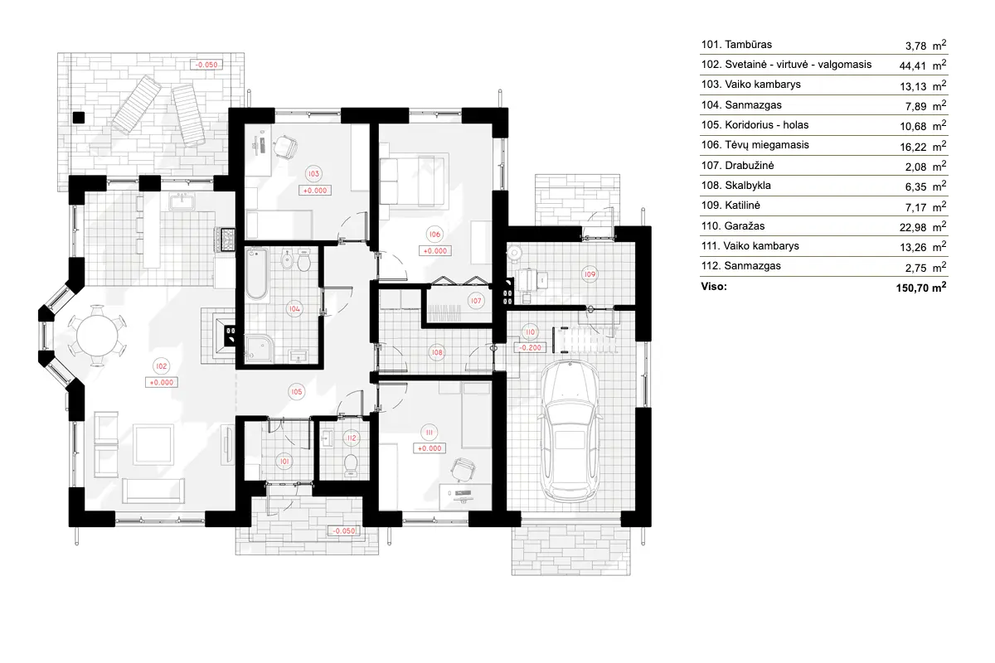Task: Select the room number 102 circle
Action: click(x=162, y=366)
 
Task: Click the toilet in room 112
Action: click(x=351, y=462)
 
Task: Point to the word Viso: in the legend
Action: click(x=714, y=287)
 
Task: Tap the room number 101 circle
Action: click(x=284, y=461)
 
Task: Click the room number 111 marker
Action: click(x=430, y=433)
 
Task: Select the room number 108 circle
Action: click(x=437, y=352)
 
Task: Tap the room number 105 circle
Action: click(x=296, y=390)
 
